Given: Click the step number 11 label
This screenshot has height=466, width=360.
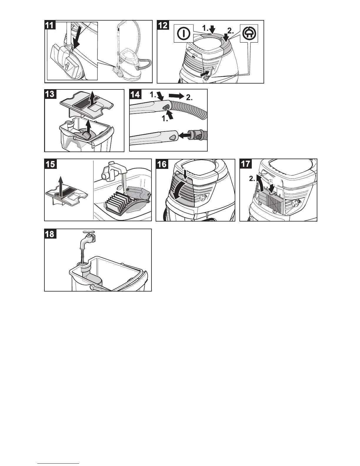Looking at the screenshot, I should pos(50,25).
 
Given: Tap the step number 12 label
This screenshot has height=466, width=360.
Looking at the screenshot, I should pos(163,25).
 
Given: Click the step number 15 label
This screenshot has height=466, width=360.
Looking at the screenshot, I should pos(50,164).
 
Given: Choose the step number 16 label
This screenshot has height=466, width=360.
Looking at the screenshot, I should pos(161,164).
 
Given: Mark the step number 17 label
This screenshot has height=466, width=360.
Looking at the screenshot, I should pos(246,164).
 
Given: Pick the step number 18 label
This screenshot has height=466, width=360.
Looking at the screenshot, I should pos(50,234).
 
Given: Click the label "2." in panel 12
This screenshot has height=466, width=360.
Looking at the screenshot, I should pos(231,30).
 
